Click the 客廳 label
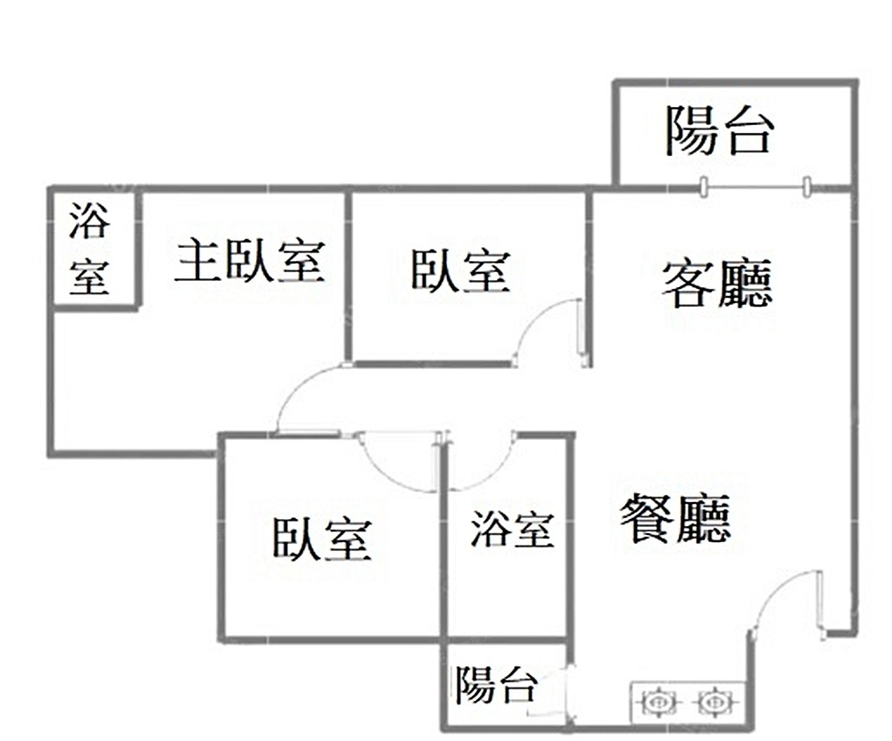click(716, 284)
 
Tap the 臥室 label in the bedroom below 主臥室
click(322, 539)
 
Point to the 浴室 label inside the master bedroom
click(90, 250)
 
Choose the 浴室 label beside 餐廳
click(512, 530)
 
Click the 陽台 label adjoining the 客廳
click(718, 130)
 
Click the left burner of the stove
click(657, 703)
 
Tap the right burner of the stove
click(711, 703)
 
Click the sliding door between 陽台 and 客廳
click(755, 186)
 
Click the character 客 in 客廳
click(687, 284)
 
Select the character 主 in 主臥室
click(197, 259)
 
